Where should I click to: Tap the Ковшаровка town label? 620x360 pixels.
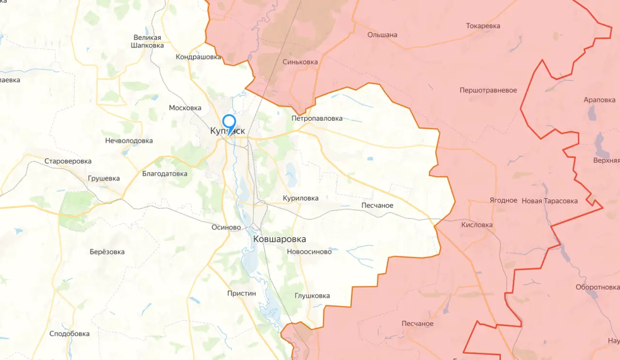coord(279,239)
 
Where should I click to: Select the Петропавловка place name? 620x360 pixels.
coord(317,118)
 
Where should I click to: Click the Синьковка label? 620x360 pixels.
coord(300,62)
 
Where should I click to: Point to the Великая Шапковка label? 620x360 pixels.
coord(147,41)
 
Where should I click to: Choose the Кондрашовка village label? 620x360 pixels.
coord(198,57)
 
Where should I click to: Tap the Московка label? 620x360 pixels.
coord(185,108)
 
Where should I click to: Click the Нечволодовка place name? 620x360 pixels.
coord(129,141)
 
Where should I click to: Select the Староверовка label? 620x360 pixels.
coord(68,161)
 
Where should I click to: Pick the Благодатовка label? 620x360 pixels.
coord(165,173)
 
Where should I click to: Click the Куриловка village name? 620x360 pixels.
coord(301,198)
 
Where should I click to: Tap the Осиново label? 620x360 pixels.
coord(226,227)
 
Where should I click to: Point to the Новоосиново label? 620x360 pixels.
coord(309,251)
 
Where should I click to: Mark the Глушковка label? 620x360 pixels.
coord(312,296)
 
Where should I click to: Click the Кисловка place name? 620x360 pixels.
coord(477,225)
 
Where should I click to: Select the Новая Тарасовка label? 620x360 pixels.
coord(549,201)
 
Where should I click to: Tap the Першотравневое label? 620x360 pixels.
coord(488,91)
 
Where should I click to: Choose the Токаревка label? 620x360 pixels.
coord(483,26)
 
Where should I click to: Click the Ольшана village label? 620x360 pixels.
coord(382,34)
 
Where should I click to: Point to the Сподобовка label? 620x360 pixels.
coord(69,334)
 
